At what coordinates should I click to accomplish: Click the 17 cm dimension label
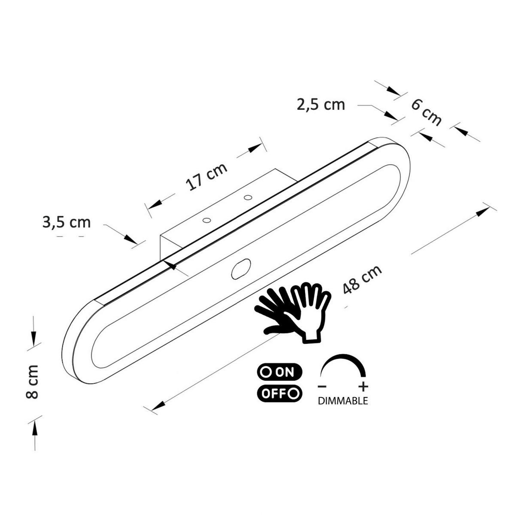pyautogui.click(x=206, y=176)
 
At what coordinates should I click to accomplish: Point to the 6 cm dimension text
pyautogui.click(x=427, y=112)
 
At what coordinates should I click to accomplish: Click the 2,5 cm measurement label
pyautogui.click(x=321, y=104)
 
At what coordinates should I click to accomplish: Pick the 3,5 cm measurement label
pyautogui.click(x=67, y=222)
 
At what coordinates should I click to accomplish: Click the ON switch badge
pyautogui.click(x=279, y=372)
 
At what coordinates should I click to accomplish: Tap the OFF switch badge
pyautogui.click(x=279, y=393)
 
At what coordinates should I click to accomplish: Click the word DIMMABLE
pyautogui.click(x=342, y=401)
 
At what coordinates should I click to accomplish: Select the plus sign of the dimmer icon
pyautogui.click(x=363, y=386)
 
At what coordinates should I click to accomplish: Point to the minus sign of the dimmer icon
pyautogui.click(x=321, y=386)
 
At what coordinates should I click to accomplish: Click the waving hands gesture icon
pyautogui.click(x=294, y=311)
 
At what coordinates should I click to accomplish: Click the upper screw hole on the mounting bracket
pyautogui.click(x=247, y=197)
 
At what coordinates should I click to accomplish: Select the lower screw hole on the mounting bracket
pyautogui.click(x=206, y=221)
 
